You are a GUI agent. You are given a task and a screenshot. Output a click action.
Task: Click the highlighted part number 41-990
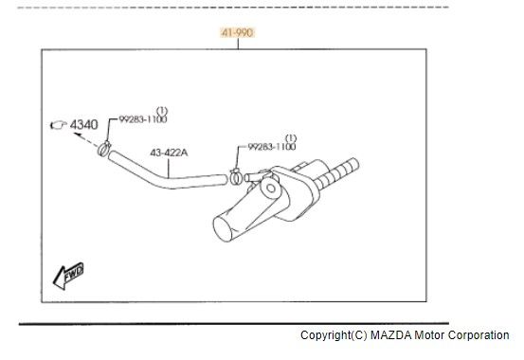pos(237,33)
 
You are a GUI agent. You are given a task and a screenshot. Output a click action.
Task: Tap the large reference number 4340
pos(84,125)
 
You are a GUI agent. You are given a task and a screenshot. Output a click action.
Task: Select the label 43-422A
pos(169,153)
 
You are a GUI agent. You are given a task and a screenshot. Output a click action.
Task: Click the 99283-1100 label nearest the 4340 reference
pos(143,119)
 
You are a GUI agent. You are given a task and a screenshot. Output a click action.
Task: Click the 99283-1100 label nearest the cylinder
pos(272,147)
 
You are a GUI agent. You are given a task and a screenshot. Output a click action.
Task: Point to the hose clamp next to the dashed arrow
pos(104,148)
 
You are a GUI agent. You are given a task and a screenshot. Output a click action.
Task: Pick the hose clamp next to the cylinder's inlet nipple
pos(236,176)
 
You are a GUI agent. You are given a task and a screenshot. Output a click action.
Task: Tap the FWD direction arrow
pos(68,275)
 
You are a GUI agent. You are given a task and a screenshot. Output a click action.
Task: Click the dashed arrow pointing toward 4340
pos(86,139)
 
